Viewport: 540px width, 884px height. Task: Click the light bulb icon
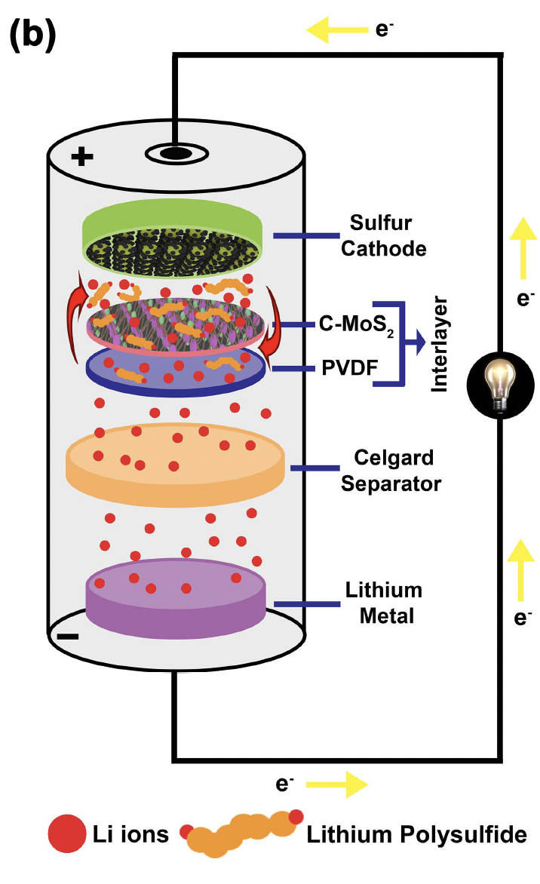point(498,385)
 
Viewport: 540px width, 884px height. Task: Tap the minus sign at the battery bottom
point(67,636)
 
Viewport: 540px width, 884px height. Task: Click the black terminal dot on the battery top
point(174,153)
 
